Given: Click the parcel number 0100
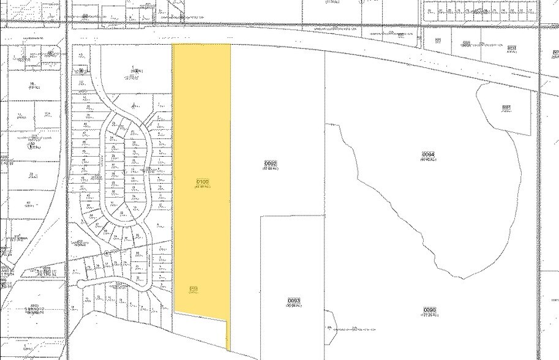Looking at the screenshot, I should click(203, 182).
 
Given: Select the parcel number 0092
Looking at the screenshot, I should click(271, 163).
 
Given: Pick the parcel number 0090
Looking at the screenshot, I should click(429, 310).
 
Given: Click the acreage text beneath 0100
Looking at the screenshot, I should click(203, 187).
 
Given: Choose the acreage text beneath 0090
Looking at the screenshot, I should click(429, 316).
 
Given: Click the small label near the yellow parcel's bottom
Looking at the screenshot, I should click(193, 289).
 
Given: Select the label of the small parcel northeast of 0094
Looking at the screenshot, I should click(506, 108).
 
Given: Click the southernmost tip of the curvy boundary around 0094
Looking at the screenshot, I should click(456, 277).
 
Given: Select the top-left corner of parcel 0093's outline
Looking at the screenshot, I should click(261, 216).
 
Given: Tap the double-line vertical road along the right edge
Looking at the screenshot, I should click(539, 184).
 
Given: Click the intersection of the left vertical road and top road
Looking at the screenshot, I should click(67, 25).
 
